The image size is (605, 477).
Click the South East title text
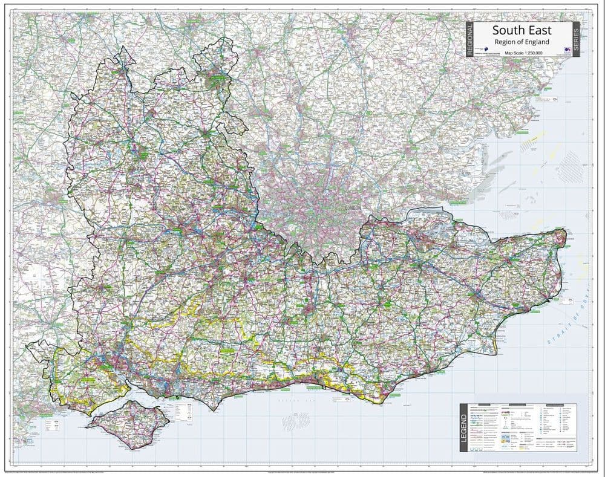coord(521,31)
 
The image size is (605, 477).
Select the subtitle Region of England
coord(522,42)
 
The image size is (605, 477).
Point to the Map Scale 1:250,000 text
coord(522,54)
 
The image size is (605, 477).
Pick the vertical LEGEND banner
coord(464,427)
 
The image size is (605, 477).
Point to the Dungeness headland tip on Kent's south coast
coord(494,354)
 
